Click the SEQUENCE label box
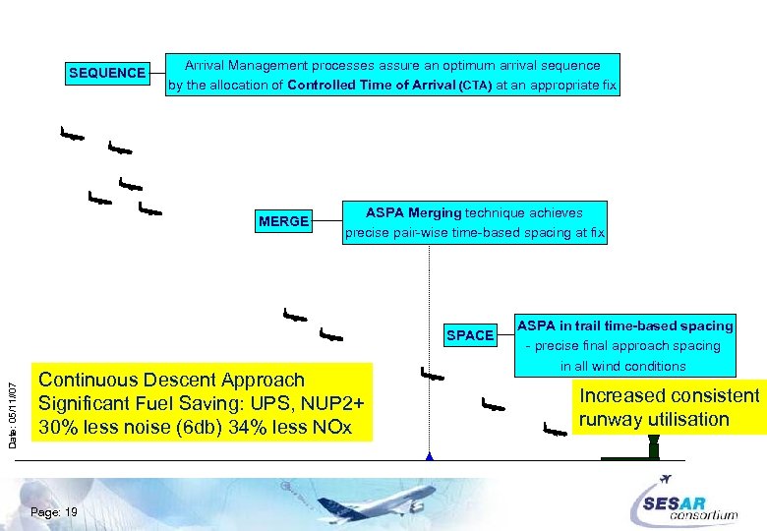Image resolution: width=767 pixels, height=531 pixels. [107, 73]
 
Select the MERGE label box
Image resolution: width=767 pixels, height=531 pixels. [283, 221]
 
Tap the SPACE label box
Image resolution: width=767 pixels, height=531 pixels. [470, 335]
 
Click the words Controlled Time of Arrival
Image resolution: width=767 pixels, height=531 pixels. [372, 86]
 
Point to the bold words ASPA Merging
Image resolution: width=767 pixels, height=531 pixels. [413, 212]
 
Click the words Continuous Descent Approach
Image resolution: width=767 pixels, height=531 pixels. [171, 380]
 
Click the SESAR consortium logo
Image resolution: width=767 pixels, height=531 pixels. [689, 500]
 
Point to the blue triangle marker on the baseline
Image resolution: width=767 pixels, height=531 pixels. [430, 456]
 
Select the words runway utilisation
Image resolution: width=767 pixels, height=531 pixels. [654, 420]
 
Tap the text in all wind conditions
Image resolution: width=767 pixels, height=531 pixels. [623, 366]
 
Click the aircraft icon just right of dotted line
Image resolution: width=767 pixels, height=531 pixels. [433, 375]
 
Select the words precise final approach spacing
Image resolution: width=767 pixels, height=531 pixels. [626, 346]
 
